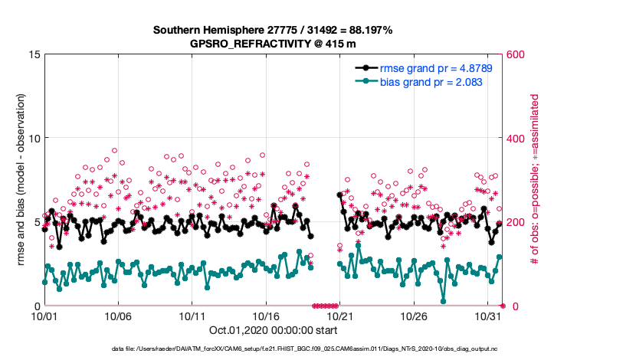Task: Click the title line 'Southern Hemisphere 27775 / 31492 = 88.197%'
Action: (x=273, y=30)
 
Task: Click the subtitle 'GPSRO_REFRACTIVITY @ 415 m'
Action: (x=273, y=44)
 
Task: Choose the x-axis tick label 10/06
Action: (x=119, y=316)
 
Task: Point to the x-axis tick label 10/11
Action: (x=192, y=316)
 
